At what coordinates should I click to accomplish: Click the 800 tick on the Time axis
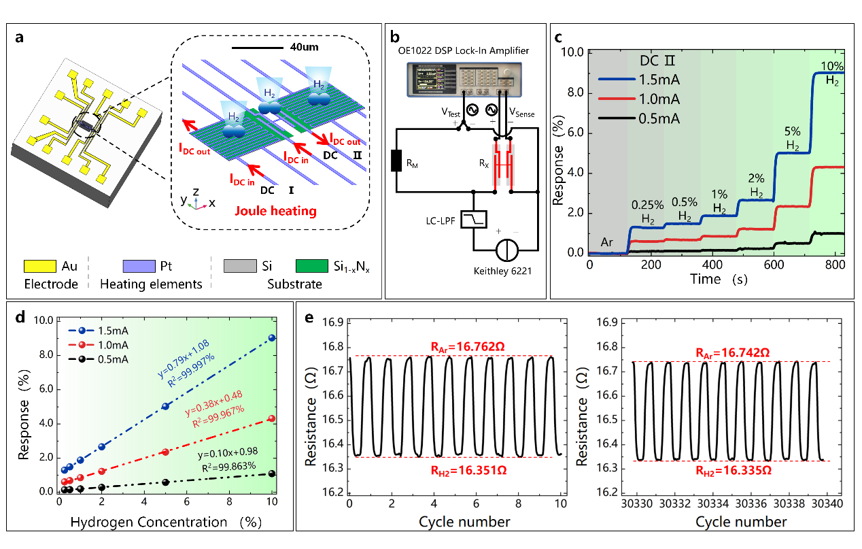click(x=832, y=264)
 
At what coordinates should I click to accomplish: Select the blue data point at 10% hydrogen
click(x=272, y=337)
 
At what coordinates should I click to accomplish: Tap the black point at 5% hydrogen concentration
click(x=165, y=482)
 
